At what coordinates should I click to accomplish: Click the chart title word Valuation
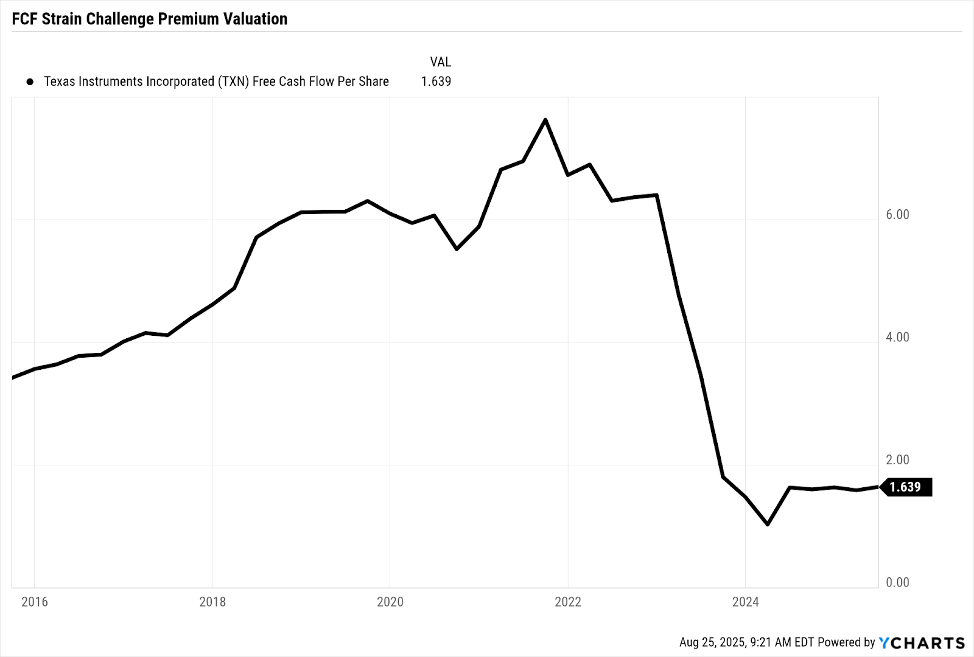click(255, 19)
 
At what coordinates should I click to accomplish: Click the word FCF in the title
click(24, 19)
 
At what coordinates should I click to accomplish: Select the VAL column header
click(440, 62)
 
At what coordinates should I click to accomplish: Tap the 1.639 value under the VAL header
click(436, 82)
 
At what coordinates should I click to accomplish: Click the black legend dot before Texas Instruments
click(30, 82)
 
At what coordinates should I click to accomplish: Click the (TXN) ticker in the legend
click(234, 82)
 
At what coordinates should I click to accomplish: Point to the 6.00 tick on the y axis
click(897, 215)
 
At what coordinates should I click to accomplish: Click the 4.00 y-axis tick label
click(897, 338)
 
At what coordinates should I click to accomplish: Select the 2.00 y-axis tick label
click(897, 461)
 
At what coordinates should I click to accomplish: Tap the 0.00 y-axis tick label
click(897, 583)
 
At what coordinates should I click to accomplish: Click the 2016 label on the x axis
click(35, 602)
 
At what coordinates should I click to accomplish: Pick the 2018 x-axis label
click(212, 602)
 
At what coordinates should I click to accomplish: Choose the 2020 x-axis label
click(390, 602)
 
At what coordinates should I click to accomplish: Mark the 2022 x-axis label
click(568, 602)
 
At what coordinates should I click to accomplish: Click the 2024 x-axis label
click(746, 602)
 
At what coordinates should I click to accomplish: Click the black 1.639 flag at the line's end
click(906, 487)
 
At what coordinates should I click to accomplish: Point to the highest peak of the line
click(545, 120)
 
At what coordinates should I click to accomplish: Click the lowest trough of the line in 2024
click(768, 524)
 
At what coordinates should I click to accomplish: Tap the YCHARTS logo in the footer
click(922, 643)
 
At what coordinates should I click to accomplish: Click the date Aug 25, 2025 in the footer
click(712, 642)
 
